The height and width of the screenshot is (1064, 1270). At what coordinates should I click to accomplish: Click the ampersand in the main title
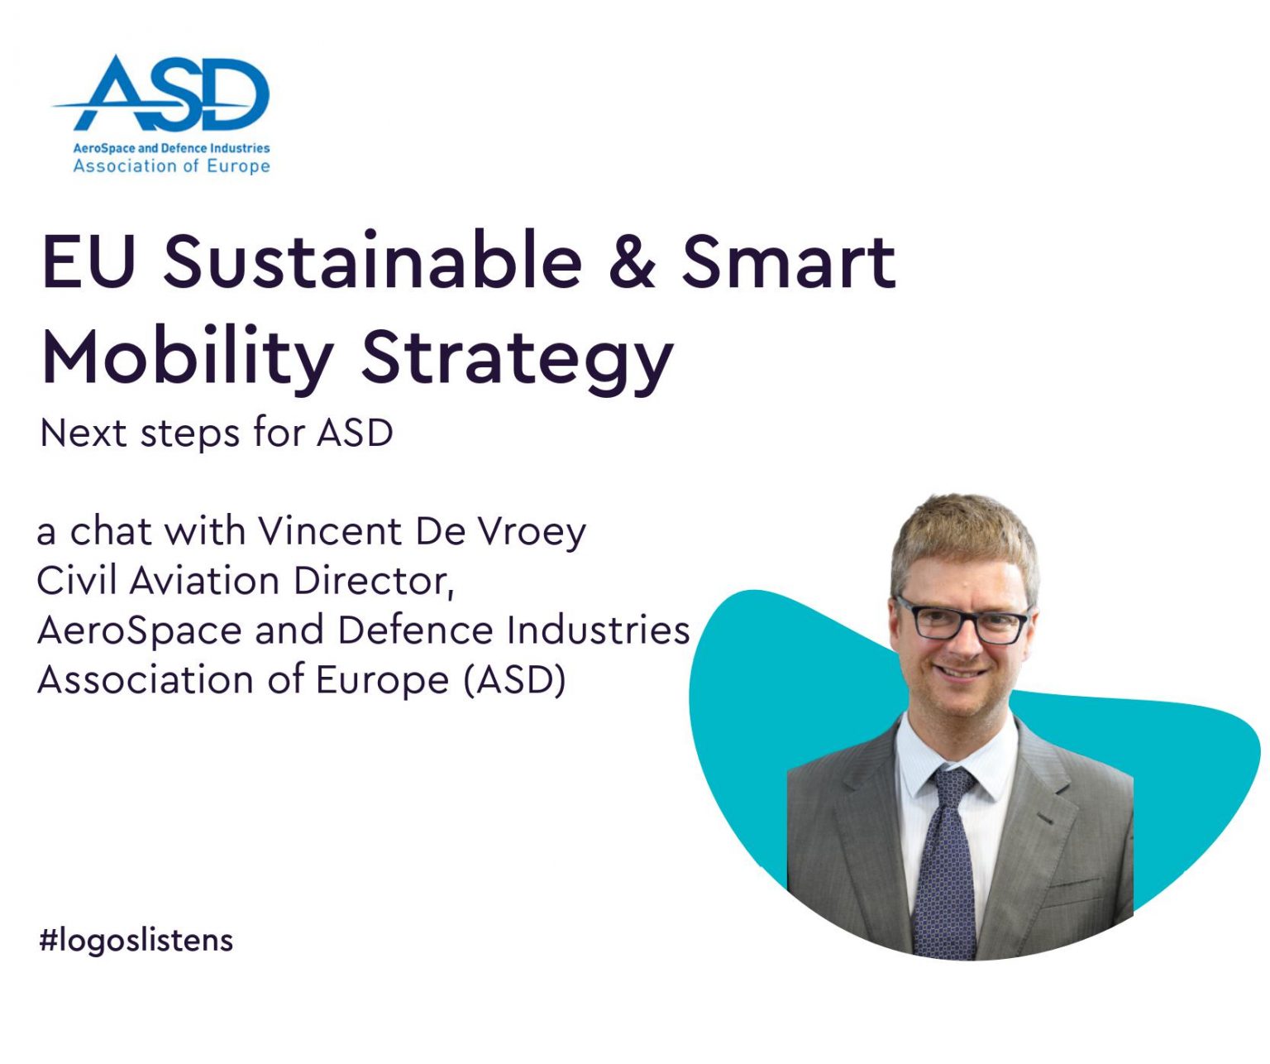point(633,262)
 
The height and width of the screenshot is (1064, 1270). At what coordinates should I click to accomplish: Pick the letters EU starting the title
point(88,261)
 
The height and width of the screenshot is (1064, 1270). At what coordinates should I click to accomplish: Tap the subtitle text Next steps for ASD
point(217,434)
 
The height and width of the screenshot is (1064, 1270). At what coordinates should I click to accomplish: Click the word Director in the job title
point(375,582)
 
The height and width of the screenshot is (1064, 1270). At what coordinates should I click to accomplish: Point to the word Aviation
point(204,581)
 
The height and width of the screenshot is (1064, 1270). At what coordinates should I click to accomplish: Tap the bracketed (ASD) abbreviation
point(515,680)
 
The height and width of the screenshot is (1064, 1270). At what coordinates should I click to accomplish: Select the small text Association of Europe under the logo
point(171,166)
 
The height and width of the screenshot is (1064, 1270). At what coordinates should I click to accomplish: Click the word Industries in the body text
point(599,630)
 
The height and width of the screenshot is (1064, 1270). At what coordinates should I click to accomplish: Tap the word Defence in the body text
point(415,630)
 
